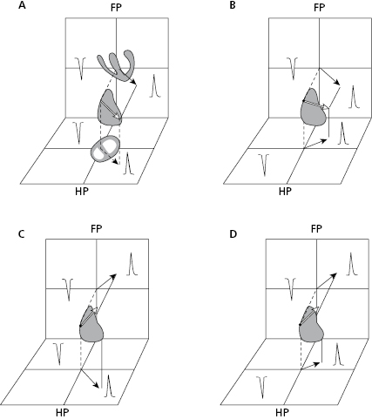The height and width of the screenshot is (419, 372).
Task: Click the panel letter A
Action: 22,5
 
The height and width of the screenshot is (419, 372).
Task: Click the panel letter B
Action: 233,5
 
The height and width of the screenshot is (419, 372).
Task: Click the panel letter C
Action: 21,234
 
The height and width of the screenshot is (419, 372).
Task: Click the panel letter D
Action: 233,233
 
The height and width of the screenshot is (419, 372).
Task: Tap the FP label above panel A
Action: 116,8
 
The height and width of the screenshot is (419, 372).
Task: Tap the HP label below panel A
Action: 82,192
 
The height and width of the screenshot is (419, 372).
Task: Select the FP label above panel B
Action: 319,8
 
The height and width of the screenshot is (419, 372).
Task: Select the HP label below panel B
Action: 285,192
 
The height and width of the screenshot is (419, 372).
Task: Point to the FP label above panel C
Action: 97,229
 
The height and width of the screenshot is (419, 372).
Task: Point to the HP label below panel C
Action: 63,412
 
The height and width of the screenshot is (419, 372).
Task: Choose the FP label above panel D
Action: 316,229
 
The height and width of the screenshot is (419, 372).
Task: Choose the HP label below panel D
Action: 282,412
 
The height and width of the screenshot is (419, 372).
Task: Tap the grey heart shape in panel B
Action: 313,109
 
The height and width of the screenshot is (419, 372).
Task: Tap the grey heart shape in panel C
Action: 91,328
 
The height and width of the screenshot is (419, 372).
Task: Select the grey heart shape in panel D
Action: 311,328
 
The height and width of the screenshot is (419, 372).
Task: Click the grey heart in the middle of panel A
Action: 109,109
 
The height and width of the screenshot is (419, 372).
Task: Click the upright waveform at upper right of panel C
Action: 132,264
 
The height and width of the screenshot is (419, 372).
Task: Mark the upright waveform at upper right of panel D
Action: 352,264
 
